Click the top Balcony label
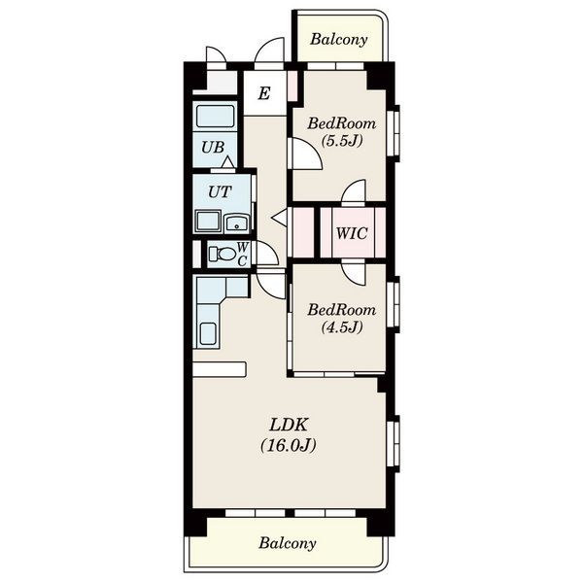pyautogui.click(x=339, y=40)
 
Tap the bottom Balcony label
pyautogui.click(x=288, y=543)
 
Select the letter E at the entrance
pyautogui.click(x=264, y=93)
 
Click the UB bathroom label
pyautogui.click(x=213, y=148)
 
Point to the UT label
pyautogui.click(x=220, y=192)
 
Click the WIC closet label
pyautogui.click(x=352, y=233)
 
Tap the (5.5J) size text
pyautogui.click(x=342, y=141)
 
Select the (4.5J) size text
pyautogui.click(x=342, y=327)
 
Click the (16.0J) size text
pyautogui.click(x=289, y=445)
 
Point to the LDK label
pyautogui.click(x=289, y=425)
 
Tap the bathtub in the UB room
pyautogui.click(x=216, y=117)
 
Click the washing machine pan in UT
pyautogui.click(x=208, y=222)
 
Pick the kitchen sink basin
pyautogui.click(x=208, y=333)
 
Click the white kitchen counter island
pyautogui.click(x=220, y=369)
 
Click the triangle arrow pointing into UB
pyautogui.click(x=228, y=162)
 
